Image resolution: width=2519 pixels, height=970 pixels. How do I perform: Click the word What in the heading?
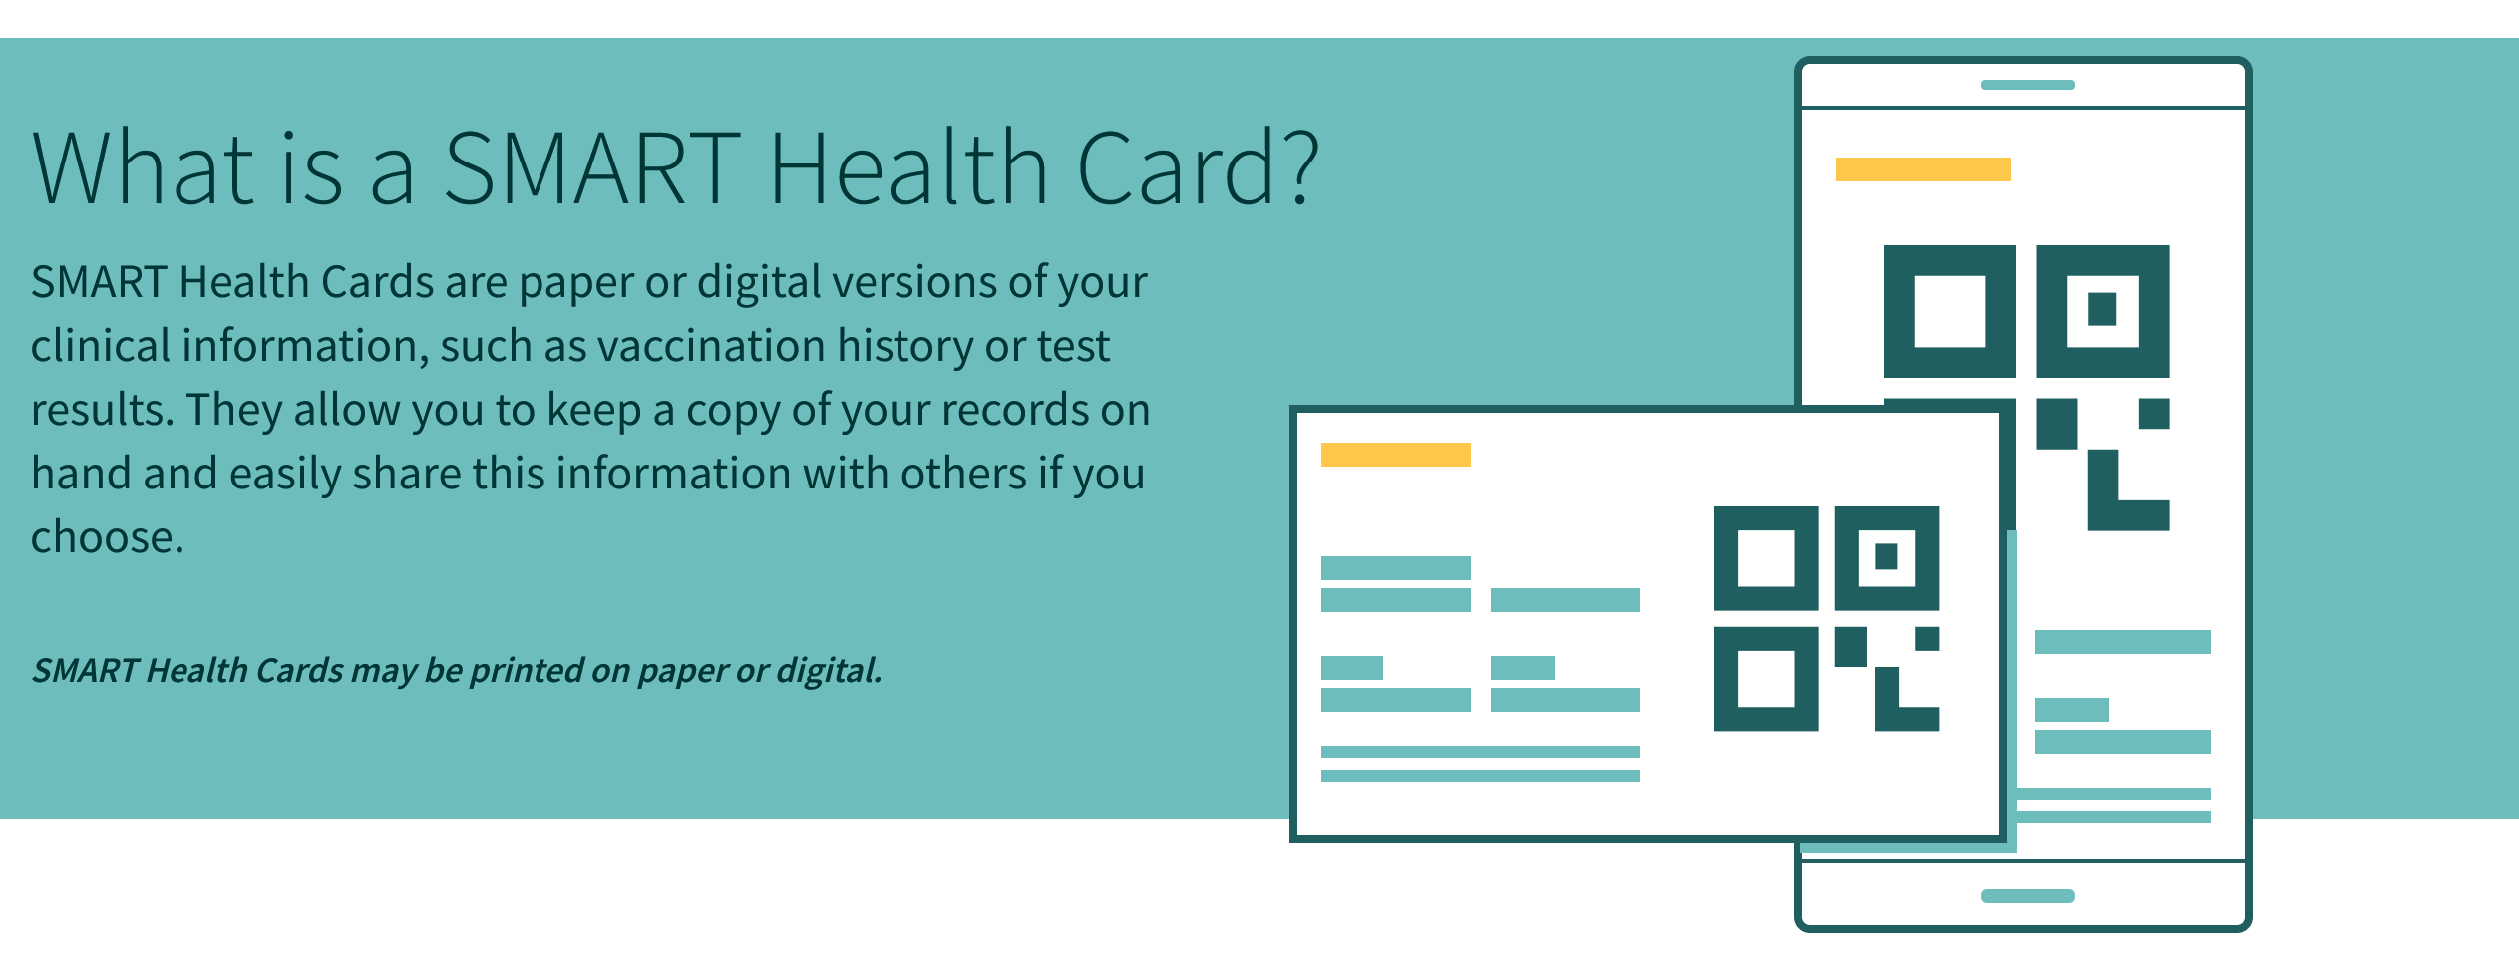144,167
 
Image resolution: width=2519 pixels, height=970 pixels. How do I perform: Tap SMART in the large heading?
592,167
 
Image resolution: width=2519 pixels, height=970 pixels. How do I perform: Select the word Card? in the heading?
1198,167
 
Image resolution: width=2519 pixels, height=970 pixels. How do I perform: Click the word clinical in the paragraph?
101,346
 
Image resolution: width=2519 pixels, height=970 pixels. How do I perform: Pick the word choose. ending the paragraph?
108,537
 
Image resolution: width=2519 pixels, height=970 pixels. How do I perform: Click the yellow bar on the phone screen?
1923,169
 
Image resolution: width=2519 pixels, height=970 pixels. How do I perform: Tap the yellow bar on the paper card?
1395,455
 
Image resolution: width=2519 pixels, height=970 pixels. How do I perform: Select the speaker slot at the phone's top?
2027,85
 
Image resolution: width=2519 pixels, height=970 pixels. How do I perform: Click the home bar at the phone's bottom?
2027,896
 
